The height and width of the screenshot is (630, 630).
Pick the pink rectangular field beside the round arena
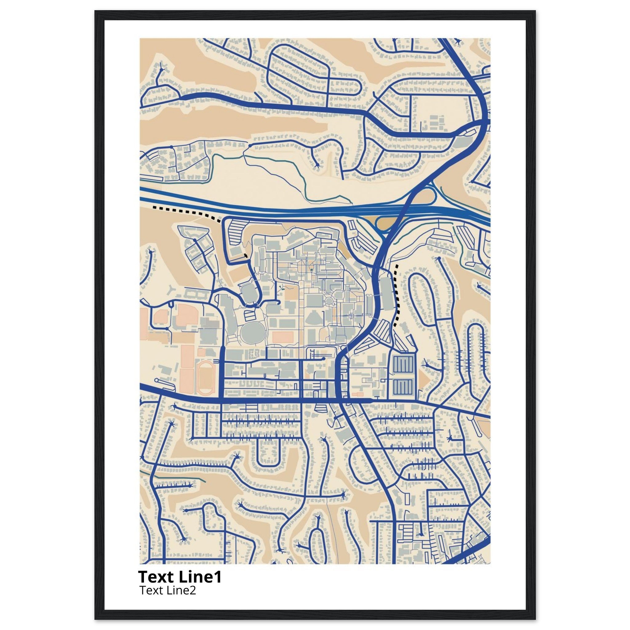[283, 337]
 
